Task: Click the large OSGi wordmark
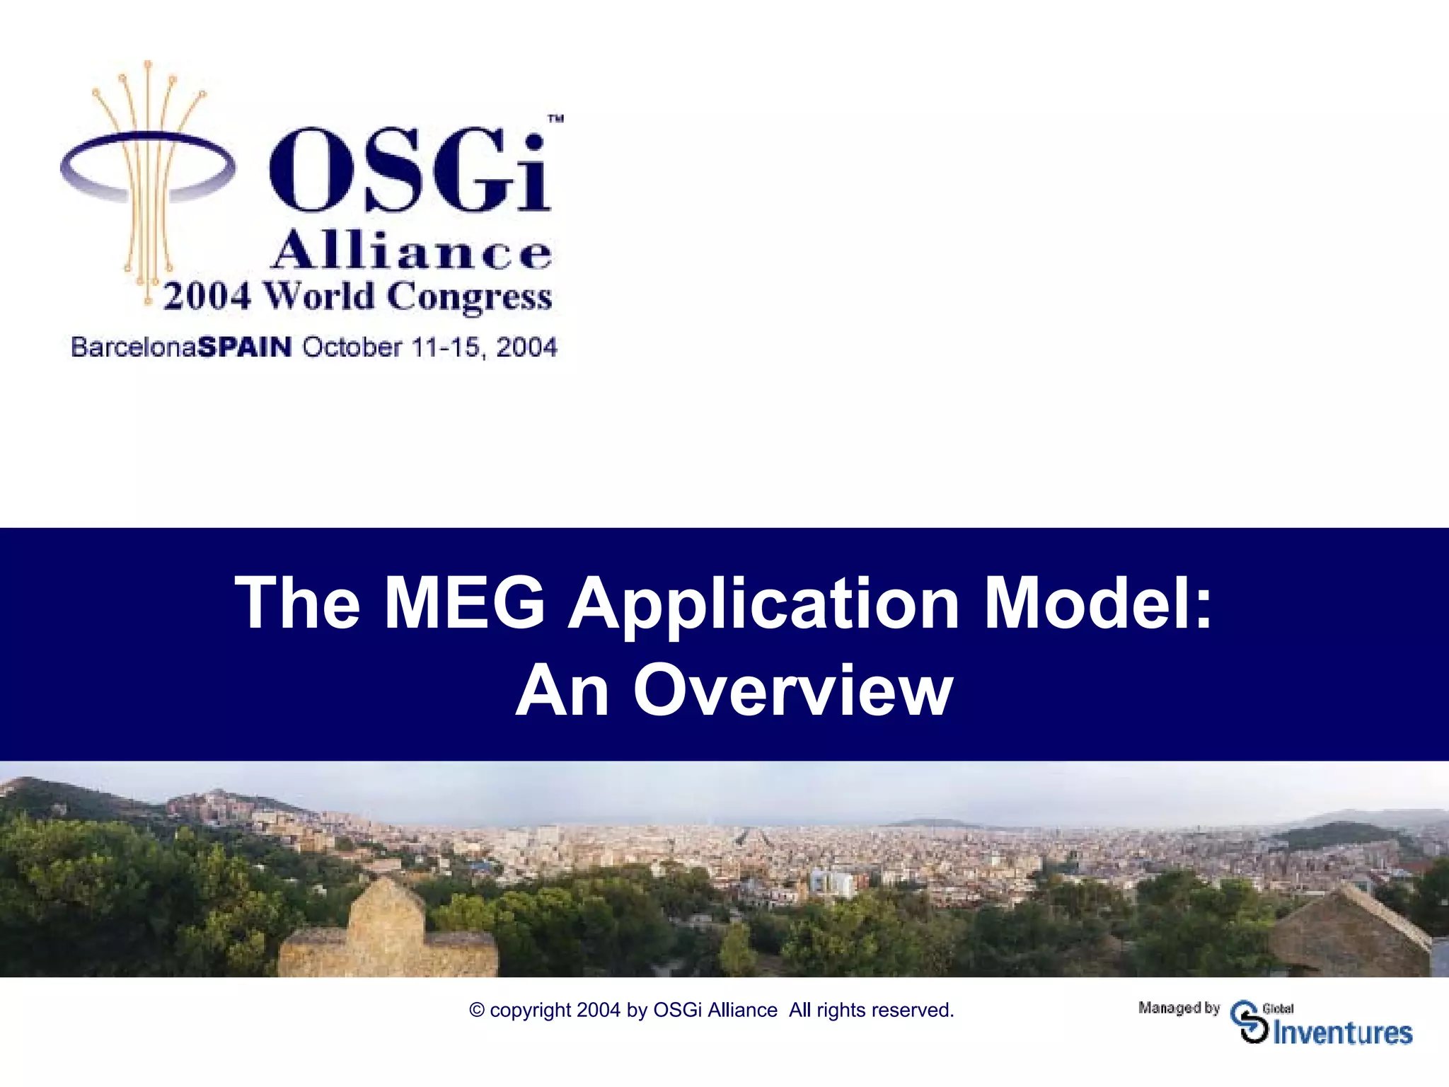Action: point(409,170)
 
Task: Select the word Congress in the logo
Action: point(470,297)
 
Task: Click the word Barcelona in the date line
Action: point(134,347)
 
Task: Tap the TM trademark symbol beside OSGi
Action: point(556,119)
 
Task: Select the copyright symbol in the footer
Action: point(477,1010)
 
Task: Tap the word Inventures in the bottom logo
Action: point(1342,1033)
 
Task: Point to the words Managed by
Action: point(1179,1008)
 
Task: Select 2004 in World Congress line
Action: point(207,296)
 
